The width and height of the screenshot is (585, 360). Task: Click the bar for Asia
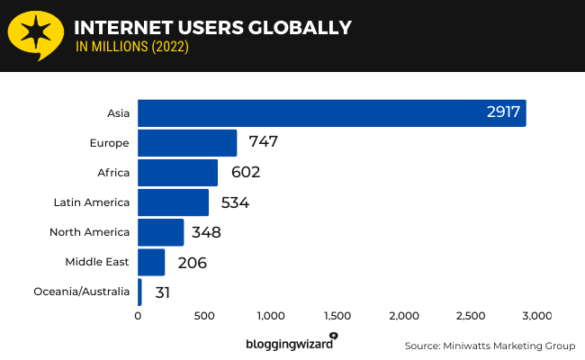pos(331,113)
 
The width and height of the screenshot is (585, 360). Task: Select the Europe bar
pos(187,143)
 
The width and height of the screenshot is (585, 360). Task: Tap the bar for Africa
pos(177,173)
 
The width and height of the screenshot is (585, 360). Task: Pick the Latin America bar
pos(173,202)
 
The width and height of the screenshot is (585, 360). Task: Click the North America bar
pos(160,232)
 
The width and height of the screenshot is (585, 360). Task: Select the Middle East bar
pos(151,262)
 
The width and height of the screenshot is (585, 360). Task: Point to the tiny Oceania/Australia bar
pos(139,292)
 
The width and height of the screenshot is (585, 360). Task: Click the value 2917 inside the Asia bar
pos(502,113)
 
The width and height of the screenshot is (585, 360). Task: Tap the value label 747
pos(263,143)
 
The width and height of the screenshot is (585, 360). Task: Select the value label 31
pos(162,292)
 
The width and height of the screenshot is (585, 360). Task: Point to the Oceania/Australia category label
pos(82,292)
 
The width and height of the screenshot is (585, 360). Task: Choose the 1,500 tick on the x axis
pos(337,316)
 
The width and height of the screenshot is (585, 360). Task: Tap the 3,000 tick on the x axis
pos(536,316)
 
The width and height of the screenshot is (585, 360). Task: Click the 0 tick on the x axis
pos(138,316)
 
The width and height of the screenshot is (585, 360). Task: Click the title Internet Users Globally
pos(212,27)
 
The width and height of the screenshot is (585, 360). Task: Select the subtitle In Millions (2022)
pos(132,47)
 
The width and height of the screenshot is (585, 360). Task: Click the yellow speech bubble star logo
pos(34,33)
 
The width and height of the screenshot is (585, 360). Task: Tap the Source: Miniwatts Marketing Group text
pos(490,346)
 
